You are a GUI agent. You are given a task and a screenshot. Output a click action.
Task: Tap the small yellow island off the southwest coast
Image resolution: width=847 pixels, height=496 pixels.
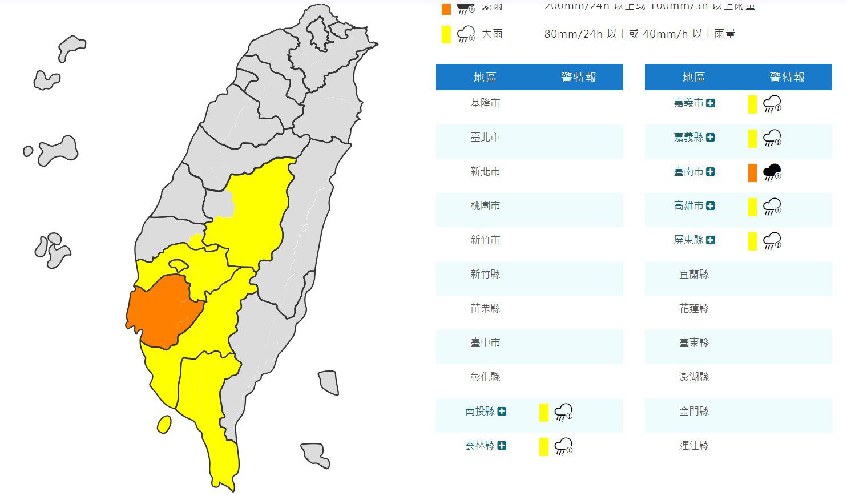[164, 424]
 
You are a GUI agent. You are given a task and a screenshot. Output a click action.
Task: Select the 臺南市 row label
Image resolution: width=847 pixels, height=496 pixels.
[688, 171]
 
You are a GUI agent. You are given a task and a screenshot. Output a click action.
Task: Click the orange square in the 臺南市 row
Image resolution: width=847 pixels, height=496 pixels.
[752, 172]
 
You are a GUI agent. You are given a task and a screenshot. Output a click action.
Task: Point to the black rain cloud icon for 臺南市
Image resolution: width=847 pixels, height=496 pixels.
[772, 172]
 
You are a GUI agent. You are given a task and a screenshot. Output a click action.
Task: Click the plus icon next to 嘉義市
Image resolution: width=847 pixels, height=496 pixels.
[711, 103]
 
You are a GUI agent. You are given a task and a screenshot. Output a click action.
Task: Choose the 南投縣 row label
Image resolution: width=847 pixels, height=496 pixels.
[479, 411]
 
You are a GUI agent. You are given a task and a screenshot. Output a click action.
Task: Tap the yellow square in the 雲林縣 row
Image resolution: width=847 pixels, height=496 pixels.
[543, 446]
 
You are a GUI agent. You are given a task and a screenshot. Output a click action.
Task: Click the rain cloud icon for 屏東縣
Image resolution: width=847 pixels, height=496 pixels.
[772, 241]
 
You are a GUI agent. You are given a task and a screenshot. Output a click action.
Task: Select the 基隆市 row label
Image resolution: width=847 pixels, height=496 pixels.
[485, 103]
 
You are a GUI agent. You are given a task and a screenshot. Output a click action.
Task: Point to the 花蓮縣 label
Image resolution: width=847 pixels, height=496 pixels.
[694, 308]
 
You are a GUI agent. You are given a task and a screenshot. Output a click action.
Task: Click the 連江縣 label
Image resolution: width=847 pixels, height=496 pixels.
[694, 445]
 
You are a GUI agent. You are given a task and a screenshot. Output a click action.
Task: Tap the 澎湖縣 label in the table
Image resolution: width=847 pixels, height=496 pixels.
[694, 377]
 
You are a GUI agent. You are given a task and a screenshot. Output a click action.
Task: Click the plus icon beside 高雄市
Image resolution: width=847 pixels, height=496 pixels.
[711, 206]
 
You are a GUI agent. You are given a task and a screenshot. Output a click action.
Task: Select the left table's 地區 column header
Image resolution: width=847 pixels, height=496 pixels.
[485, 77]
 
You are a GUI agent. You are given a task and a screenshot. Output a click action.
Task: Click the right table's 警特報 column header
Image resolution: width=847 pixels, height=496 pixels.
[787, 77]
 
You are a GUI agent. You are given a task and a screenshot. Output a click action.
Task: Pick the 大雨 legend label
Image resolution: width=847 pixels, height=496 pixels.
[492, 34]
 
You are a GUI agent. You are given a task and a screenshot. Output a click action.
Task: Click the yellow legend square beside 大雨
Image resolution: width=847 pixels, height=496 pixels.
[446, 34]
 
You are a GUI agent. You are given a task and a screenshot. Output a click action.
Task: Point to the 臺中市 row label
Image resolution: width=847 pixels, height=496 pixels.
[485, 342]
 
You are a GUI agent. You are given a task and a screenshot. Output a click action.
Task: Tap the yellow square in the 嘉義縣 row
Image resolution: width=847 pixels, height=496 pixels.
[752, 138]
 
